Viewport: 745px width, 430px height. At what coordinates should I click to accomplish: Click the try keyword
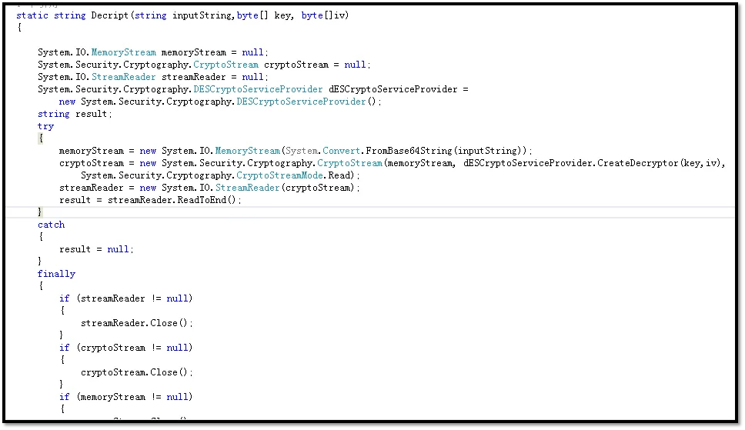pyautogui.click(x=45, y=126)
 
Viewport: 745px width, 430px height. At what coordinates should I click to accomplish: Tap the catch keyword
pyautogui.click(x=51, y=225)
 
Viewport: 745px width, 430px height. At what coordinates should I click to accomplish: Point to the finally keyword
pyautogui.click(x=56, y=274)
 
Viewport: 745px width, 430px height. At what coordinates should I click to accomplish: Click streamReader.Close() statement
pyautogui.click(x=137, y=323)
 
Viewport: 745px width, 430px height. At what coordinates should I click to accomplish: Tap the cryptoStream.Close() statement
pyautogui.click(x=137, y=372)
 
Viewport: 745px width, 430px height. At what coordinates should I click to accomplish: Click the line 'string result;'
pyautogui.click(x=75, y=114)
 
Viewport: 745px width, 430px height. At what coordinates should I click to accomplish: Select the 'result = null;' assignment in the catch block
pyautogui.click(x=96, y=249)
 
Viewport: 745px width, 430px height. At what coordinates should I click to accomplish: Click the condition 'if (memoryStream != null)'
pyautogui.click(x=126, y=397)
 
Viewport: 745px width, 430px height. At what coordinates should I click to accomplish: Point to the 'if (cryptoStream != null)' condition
pyautogui.click(x=126, y=348)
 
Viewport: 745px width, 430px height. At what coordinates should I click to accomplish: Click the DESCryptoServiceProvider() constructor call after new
pyautogui.click(x=308, y=102)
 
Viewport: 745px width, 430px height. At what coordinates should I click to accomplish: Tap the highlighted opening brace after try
pyautogui.click(x=40, y=138)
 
